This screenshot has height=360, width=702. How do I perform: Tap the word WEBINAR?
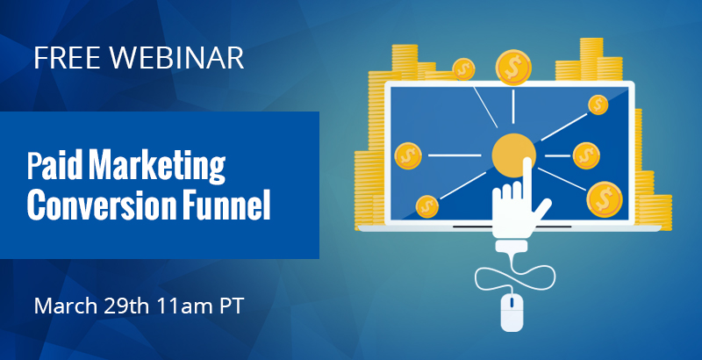(x=177, y=57)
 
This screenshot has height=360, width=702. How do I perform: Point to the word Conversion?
(x=102, y=205)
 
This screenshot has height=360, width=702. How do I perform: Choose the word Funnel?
(x=226, y=205)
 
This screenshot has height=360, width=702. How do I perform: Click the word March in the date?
(x=65, y=306)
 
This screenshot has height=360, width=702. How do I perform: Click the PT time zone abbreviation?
(x=231, y=306)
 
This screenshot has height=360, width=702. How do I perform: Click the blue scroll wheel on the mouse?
(x=512, y=304)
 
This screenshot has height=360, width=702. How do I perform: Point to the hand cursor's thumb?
(x=541, y=209)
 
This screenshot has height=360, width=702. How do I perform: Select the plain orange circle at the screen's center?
(x=513, y=155)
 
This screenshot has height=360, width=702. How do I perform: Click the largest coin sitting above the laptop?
(x=513, y=68)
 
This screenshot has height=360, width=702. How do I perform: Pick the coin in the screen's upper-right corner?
(x=598, y=104)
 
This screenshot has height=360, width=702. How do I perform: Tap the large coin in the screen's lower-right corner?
(x=605, y=199)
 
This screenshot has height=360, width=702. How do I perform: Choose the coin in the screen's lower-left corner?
(x=427, y=206)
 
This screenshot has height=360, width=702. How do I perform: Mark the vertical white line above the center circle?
(x=513, y=106)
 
